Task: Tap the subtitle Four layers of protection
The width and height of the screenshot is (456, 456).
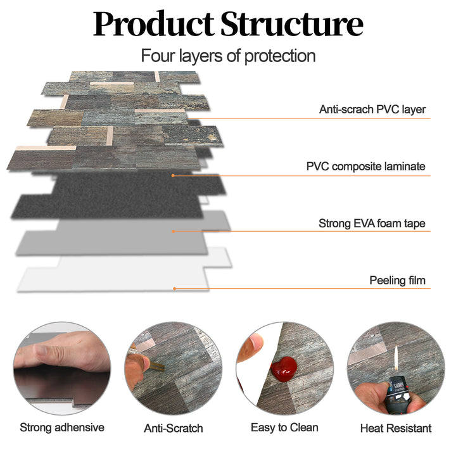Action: (228, 56)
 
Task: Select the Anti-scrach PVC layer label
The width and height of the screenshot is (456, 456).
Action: (372, 110)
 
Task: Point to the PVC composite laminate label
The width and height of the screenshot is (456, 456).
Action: (365, 167)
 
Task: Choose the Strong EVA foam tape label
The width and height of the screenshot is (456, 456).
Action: (372, 224)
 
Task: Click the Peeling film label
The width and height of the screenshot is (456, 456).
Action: (398, 280)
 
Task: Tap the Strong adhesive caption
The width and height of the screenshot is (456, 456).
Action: (62, 427)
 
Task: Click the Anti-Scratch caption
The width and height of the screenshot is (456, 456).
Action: (174, 428)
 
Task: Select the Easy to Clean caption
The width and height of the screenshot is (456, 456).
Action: (284, 427)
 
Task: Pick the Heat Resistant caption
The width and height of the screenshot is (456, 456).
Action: (396, 428)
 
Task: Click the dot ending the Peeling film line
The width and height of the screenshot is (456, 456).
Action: (175, 289)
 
